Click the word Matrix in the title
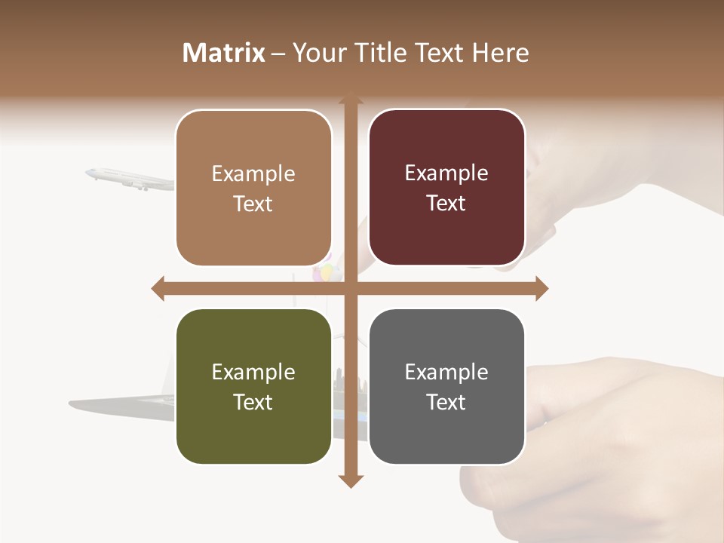pyautogui.click(x=224, y=53)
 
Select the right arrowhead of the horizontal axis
pyautogui.click(x=541, y=288)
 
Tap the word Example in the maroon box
pyautogui.click(x=446, y=173)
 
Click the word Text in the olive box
pyautogui.click(x=253, y=402)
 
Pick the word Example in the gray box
pyautogui.click(x=446, y=372)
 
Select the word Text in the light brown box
pyautogui.click(x=253, y=204)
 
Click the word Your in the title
pyautogui.click(x=317, y=53)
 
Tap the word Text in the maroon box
pyautogui.click(x=446, y=204)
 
